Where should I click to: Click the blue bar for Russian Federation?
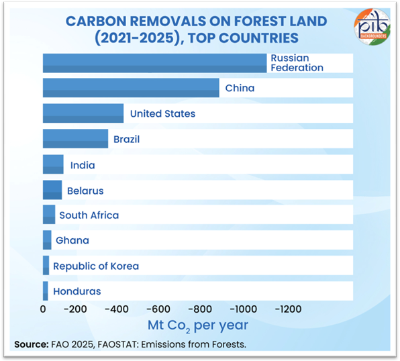coord(154,62)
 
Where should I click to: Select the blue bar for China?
coord(131,88)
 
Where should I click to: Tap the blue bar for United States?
coord(83,113)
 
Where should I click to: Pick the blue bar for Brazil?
coord(75,138)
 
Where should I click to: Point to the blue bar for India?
coord(53,164)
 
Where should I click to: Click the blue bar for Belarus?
coord(52,191)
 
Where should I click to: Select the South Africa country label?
coord(89,215)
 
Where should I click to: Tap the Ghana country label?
coord(72,240)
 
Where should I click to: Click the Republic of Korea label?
coord(96,266)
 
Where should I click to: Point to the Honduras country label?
coord(77,291)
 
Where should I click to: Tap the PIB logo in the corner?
coord(370,26)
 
